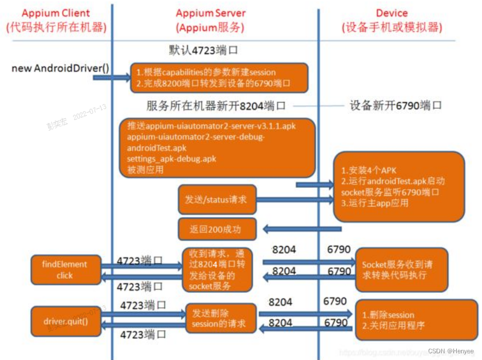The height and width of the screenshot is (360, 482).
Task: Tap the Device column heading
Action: [x=392, y=20]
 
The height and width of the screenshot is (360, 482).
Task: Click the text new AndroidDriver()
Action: [x=61, y=68]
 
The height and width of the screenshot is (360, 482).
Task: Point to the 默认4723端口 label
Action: [x=203, y=50]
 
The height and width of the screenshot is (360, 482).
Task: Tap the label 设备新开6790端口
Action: [x=396, y=105]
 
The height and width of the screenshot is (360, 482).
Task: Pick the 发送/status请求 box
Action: [x=217, y=199]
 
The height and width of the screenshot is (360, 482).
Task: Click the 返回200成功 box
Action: [x=217, y=229]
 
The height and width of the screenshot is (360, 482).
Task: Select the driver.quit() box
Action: [x=66, y=321]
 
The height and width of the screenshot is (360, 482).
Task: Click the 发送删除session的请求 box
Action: [x=220, y=319]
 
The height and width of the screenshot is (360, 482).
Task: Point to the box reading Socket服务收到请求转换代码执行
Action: [x=401, y=270]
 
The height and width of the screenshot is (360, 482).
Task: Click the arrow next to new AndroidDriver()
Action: [x=111, y=77]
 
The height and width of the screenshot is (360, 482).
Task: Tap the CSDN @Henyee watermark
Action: [x=451, y=350]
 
